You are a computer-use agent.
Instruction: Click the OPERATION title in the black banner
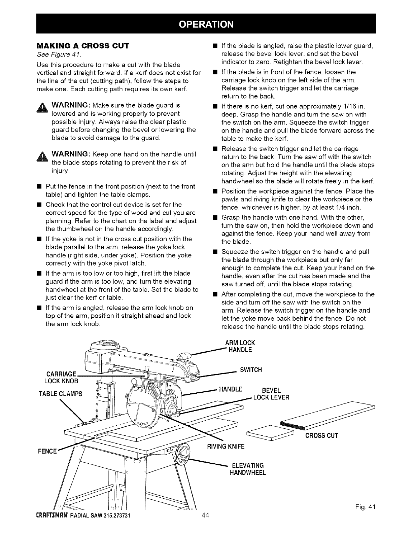pyautogui.click(x=206, y=24)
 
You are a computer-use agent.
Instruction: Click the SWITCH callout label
pyautogui.click(x=250, y=370)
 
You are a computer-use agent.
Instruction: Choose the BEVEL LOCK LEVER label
pyautogui.click(x=271, y=394)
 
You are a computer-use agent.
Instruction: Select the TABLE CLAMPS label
pyautogui.click(x=61, y=394)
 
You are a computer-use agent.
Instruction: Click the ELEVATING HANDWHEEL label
pyautogui.click(x=248, y=469)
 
